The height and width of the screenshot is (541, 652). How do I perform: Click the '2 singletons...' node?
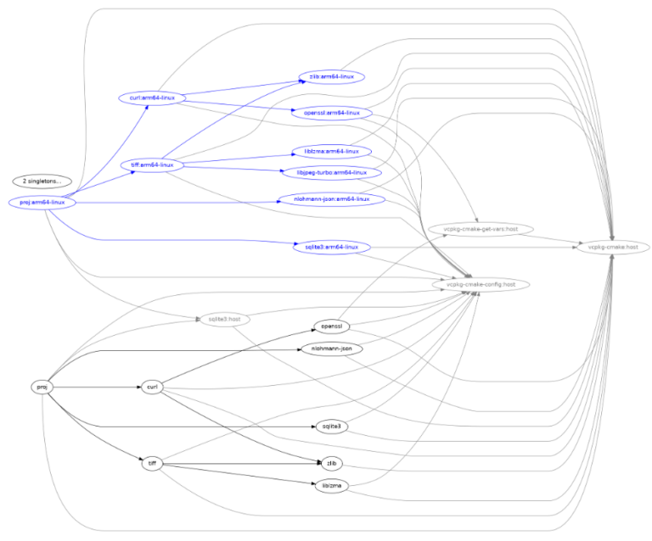[42, 181]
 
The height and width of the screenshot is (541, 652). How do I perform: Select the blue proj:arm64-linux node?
[42, 203]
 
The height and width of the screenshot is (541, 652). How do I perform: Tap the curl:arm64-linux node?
[147, 98]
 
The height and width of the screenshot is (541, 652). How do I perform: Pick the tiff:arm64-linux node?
[152, 165]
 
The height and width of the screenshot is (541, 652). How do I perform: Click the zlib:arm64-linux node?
[332, 76]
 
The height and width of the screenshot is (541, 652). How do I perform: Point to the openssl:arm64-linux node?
[332, 112]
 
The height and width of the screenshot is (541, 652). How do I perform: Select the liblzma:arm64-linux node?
[332, 151]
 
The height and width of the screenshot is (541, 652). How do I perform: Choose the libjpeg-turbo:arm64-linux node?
[332, 172]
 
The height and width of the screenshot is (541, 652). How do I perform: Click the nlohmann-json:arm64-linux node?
[332, 199]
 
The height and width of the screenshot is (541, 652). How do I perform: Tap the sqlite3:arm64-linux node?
[332, 247]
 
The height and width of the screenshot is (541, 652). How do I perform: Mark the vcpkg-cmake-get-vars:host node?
[475, 229]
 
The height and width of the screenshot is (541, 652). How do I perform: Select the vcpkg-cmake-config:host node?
[475, 284]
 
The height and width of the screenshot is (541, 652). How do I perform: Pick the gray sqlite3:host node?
[225, 319]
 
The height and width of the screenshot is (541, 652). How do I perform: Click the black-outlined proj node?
[42, 387]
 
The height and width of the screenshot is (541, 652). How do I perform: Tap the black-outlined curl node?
[152, 387]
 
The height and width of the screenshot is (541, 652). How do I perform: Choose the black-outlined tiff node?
[152, 463]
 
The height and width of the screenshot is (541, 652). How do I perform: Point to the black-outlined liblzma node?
[332, 486]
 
